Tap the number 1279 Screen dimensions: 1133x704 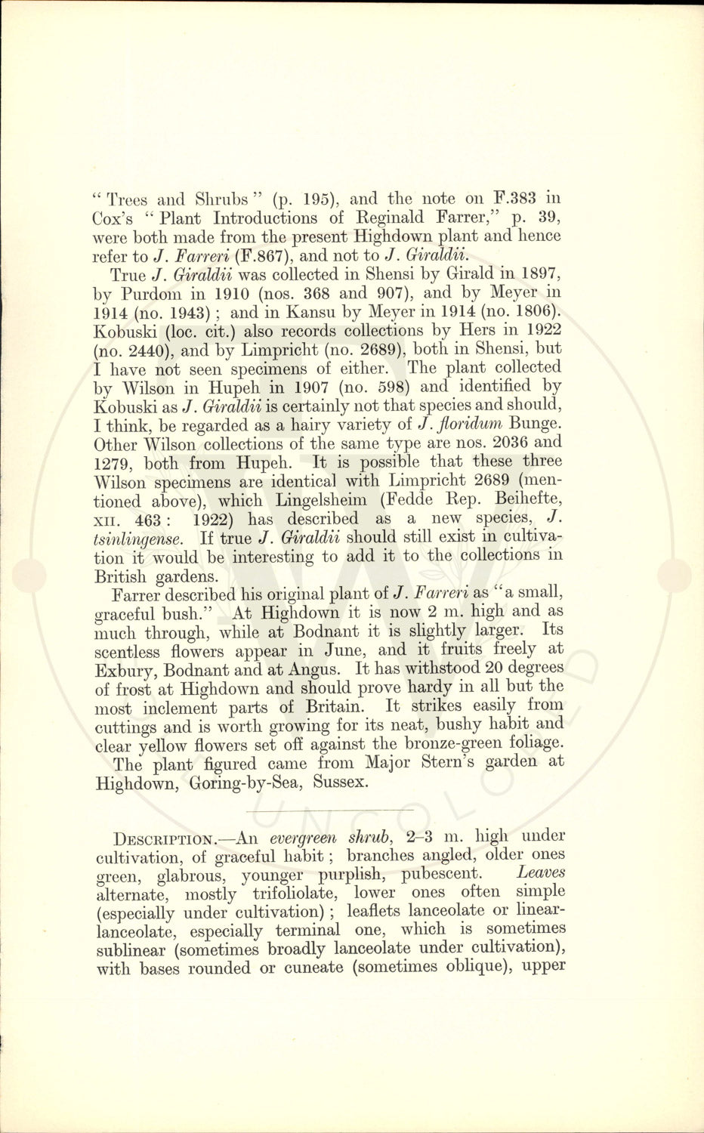pos(115,462)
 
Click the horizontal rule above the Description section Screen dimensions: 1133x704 pos(331,810)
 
